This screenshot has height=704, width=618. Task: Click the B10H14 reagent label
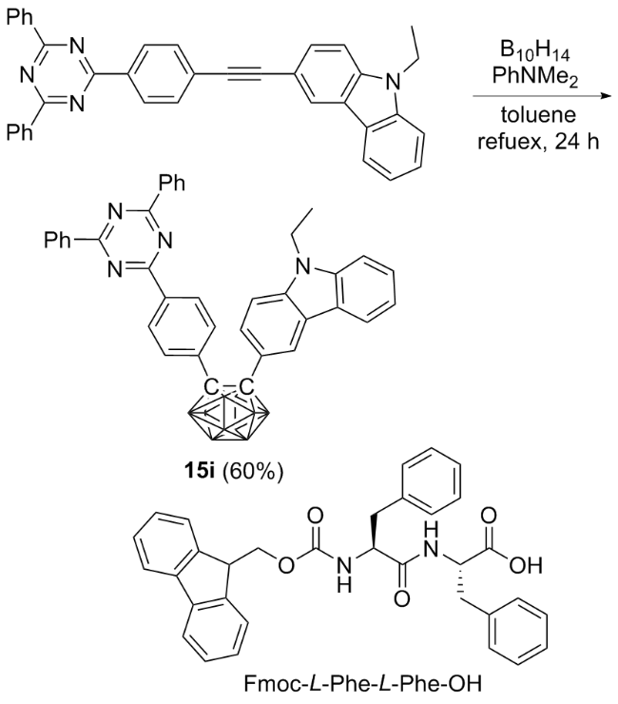pos(534,51)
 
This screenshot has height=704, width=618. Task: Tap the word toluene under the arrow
pos(538,115)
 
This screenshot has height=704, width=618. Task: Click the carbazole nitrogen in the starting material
pos(394,81)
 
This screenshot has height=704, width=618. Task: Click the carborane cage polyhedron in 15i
pos(229,417)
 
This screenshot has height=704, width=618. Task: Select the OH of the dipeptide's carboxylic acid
pos(526,564)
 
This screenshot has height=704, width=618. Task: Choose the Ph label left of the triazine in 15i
pos(58,240)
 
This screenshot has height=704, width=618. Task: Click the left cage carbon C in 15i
pos(209,385)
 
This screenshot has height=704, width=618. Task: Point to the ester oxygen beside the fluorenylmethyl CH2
pos(285,564)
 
